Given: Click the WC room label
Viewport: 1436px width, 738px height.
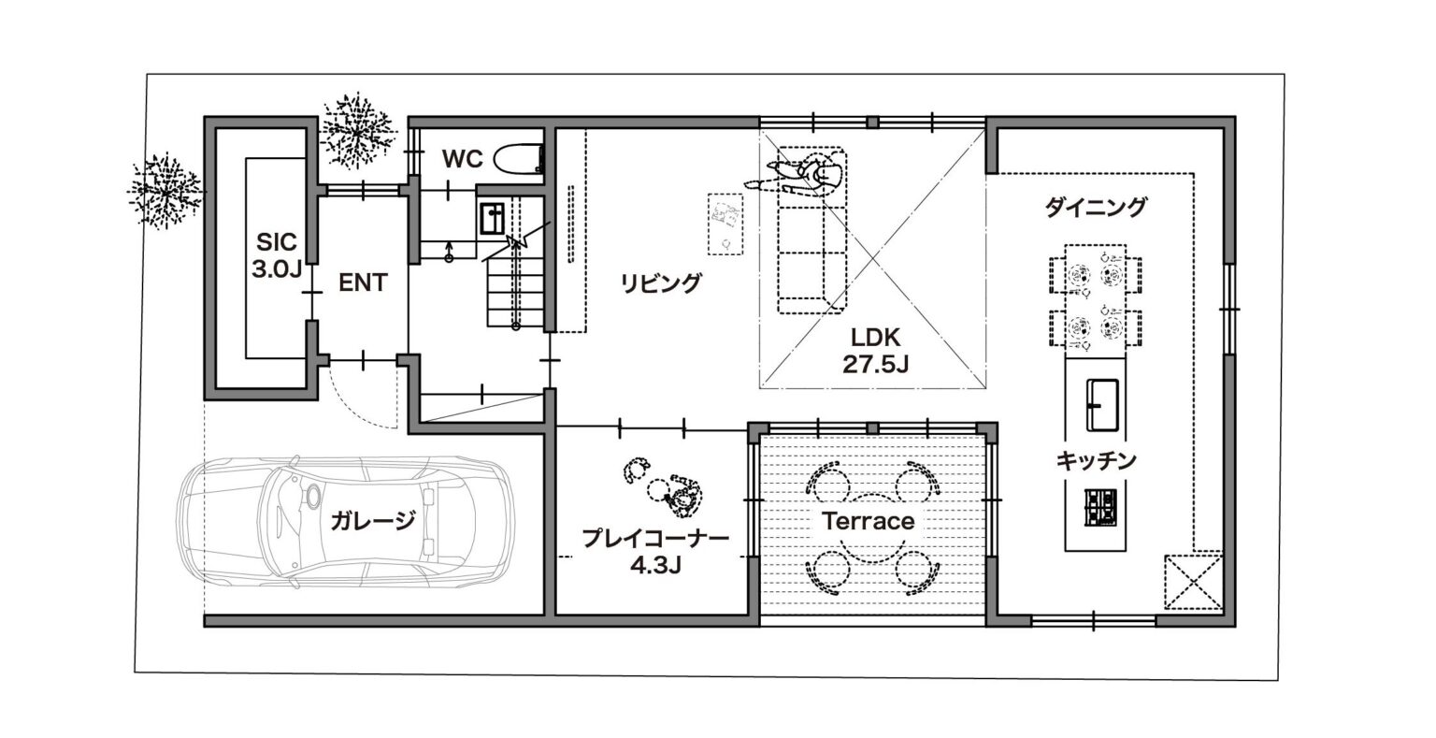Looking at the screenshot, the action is [x=462, y=158].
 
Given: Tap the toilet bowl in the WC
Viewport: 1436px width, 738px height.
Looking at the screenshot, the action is [x=520, y=158].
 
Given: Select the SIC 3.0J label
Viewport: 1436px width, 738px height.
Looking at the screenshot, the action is [x=277, y=255].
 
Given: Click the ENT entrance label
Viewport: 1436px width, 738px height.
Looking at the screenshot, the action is [x=363, y=282].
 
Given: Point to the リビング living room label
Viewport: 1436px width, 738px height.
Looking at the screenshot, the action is [x=661, y=282].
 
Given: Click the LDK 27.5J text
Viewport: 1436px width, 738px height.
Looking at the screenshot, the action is [x=875, y=351].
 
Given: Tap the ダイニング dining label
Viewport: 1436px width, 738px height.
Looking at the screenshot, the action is [x=1096, y=208].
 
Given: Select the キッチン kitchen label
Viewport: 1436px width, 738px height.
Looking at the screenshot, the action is [x=1096, y=460].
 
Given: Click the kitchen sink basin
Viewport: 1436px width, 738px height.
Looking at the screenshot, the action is [x=1102, y=405].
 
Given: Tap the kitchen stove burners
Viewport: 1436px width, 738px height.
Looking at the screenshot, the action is [x=1100, y=508].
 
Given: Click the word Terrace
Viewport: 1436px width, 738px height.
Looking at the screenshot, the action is [x=868, y=521].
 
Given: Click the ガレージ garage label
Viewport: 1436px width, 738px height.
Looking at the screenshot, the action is [x=373, y=521].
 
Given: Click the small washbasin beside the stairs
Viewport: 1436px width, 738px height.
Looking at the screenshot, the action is [x=493, y=218].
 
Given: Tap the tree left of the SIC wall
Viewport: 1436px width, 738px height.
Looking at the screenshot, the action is [x=165, y=191].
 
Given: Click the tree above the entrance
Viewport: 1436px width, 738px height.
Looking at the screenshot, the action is [x=356, y=132].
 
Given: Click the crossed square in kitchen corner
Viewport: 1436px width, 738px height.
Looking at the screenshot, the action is [x=1193, y=582].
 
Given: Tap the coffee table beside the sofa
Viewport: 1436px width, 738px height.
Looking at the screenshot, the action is [x=725, y=224].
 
